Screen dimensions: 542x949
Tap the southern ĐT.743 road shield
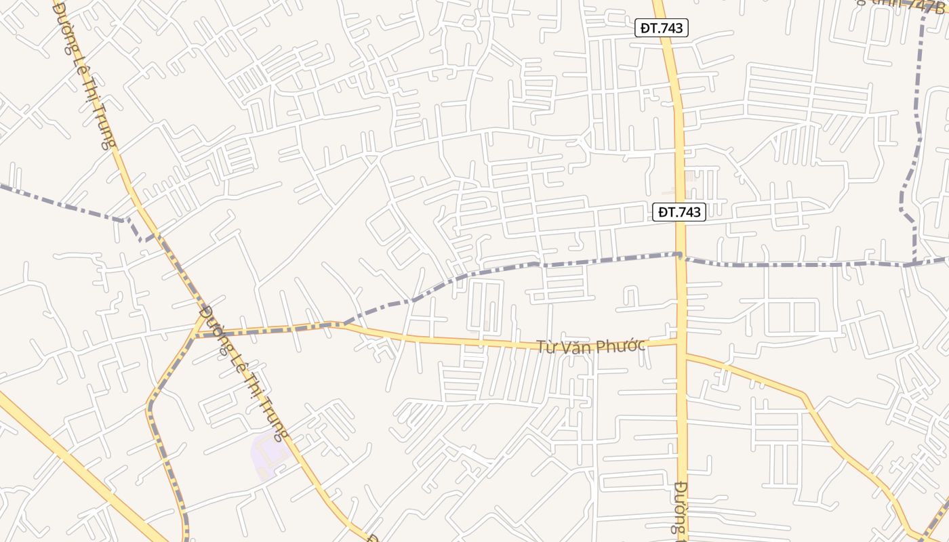pyautogui.click(x=681, y=212)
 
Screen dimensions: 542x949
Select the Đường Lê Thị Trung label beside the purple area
pyautogui.click(x=245, y=373)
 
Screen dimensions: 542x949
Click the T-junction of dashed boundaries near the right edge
pyautogui.click(x=914, y=264)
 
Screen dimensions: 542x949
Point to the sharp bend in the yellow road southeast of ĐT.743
pyautogui.click(x=805, y=395)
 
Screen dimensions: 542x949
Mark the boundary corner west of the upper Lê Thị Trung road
pyautogui.click(x=124, y=220)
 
